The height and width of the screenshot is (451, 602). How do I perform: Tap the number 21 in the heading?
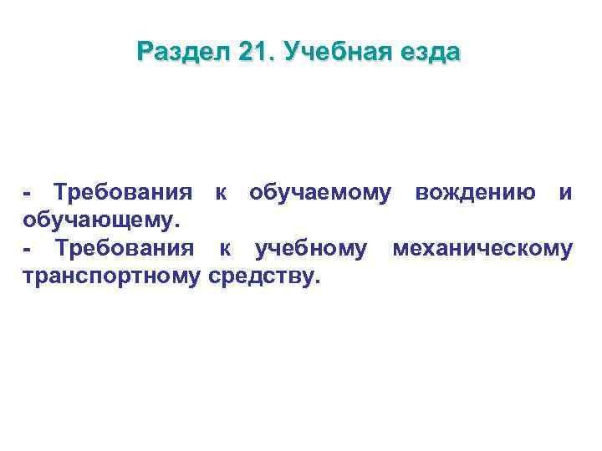(253, 53)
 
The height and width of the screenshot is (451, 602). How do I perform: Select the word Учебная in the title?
(328, 53)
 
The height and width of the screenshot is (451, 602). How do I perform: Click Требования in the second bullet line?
(125, 249)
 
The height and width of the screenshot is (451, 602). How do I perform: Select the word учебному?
(310, 249)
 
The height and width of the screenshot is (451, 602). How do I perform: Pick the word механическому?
(482, 249)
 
